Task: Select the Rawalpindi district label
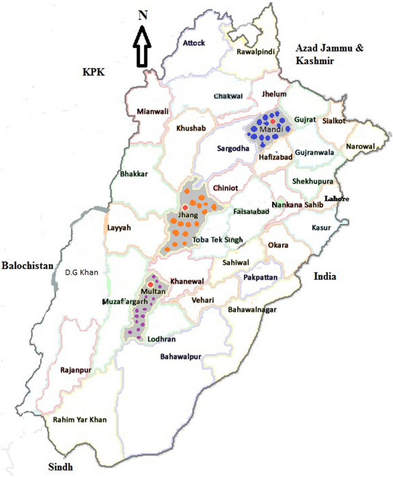click(256, 52)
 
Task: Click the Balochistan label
click(27, 266)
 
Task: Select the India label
click(325, 277)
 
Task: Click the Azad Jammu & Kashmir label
click(329, 54)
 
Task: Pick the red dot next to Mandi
click(273, 121)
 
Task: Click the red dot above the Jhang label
click(185, 208)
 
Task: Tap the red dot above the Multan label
click(151, 284)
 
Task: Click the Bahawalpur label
click(181, 357)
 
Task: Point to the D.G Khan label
click(82, 272)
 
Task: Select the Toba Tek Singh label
click(217, 240)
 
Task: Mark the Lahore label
click(337, 198)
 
